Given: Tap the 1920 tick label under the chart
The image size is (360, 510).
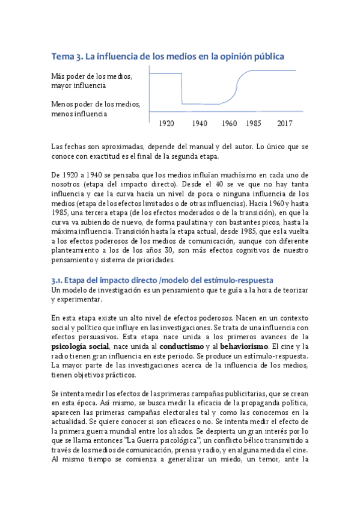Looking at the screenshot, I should click(166, 123).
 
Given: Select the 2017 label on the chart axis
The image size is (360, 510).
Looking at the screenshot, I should click(284, 123).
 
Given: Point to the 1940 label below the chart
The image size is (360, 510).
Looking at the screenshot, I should click(200, 123).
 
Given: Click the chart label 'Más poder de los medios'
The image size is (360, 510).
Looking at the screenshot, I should click(91, 76).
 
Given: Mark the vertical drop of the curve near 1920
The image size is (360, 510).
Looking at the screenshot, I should click(182, 88).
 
